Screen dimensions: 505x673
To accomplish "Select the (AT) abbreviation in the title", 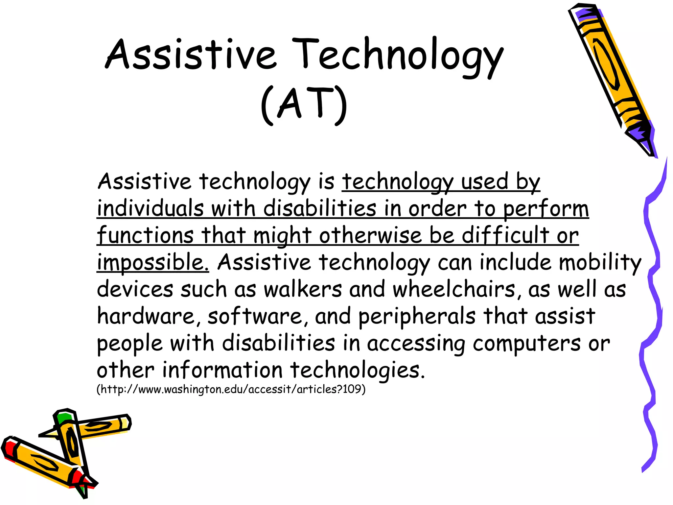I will pyautogui.click(x=304, y=105).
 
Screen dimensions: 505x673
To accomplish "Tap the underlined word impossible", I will pyautogui.click(x=153, y=262).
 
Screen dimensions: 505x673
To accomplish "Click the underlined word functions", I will pyautogui.click(x=145, y=235).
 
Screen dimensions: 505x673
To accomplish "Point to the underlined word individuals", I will pyautogui.click(x=151, y=208).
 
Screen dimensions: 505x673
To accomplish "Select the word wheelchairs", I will pyautogui.click(x=454, y=289).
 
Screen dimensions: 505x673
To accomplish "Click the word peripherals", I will pyautogui.click(x=417, y=316).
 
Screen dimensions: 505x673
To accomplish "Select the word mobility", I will pyautogui.click(x=600, y=262).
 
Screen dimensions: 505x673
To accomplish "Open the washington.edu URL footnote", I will pyautogui.click(x=231, y=389).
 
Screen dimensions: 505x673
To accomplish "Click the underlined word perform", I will pyautogui.click(x=545, y=208).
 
